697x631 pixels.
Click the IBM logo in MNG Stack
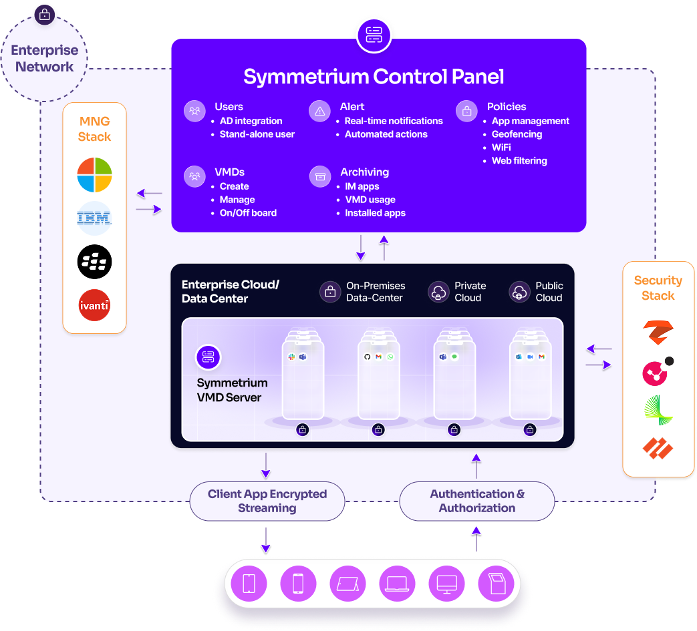coord(94,218)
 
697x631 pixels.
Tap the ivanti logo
coord(94,305)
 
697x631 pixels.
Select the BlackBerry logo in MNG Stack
coord(94,262)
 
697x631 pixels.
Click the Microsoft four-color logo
coord(94,174)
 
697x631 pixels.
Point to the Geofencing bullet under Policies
coord(517,134)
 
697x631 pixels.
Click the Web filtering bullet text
coord(519,161)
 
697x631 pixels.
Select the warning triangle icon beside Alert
coord(319,111)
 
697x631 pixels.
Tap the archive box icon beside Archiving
coord(320,176)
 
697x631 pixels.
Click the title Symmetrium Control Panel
coord(374,76)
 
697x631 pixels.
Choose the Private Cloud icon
coord(439,292)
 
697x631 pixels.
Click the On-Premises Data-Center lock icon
coord(330,292)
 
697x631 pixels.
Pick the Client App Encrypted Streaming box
coord(267,501)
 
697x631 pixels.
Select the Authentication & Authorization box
coord(477,501)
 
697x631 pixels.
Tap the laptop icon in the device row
coord(397,584)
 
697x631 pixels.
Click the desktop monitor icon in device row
coord(447,584)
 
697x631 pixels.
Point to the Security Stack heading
coord(658,288)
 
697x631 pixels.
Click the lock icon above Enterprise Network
coord(45,15)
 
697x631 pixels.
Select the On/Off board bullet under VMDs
coord(248,213)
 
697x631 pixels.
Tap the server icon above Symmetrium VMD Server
coord(208,357)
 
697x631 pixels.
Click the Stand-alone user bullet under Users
coord(257,134)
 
